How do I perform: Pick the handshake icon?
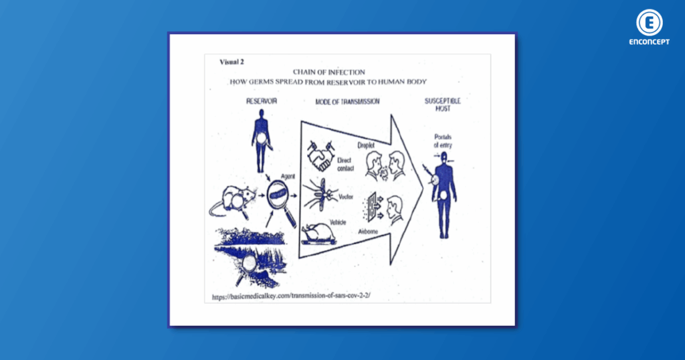[320, 159]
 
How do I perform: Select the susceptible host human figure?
[443, 194]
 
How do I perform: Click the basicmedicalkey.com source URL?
[292, 294]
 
